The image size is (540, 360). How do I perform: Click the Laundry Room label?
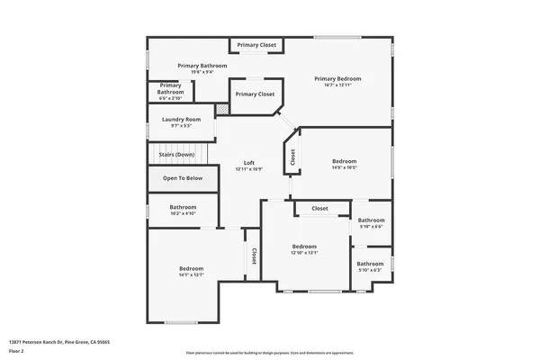pyautogui.click(x=181, y=119)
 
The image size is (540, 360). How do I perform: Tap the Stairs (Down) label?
pyautogui.click(x=176, y=155)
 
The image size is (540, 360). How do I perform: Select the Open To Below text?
pyautogui.click(x=183, y=178)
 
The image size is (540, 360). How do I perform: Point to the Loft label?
pyautogui.click(x=249, y=163)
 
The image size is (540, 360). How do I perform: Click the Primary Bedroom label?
pyautogui.click(x=337, y=78)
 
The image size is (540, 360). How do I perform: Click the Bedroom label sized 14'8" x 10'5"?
pyautogui.click(x=345, y=161)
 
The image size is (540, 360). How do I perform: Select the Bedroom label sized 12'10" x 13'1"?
pyautogui.click(x=304, y=246)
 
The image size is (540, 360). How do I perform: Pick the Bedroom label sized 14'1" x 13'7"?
pyautogui.click(x=191, y=269)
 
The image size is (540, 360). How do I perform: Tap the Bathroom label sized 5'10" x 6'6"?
pyautogui.click(x=371, y=220)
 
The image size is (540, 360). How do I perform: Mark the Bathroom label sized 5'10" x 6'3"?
pyautogui.click(x=370, y=264)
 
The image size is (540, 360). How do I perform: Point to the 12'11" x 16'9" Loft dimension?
pyautogui.click(x=249, y=169)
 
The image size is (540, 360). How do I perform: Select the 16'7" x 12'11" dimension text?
pyautogui.click(x=337, y=85)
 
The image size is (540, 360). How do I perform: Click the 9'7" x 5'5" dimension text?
pyautogui.click(x=181, y=126)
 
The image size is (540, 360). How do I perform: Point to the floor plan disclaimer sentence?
pyautogui.click(x=270, y=352)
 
